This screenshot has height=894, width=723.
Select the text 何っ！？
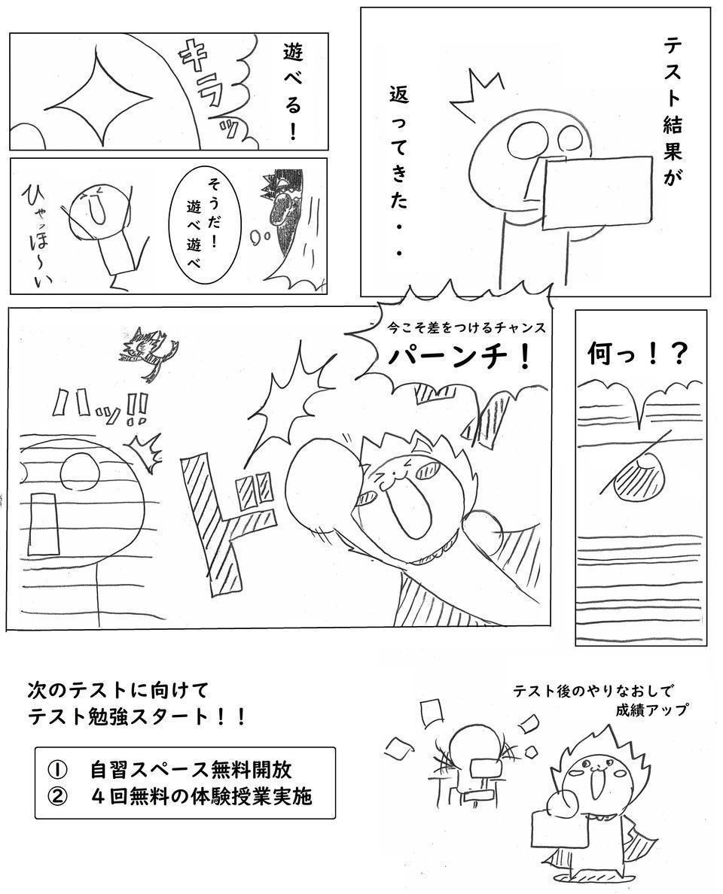[x=636, y=355]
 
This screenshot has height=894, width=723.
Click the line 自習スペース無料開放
[x=191, y=770]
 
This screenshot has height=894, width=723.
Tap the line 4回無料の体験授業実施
[x=201, y=795]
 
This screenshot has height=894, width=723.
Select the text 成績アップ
[x=651, y=710]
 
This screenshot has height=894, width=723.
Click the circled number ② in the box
[x=58, y=796]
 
